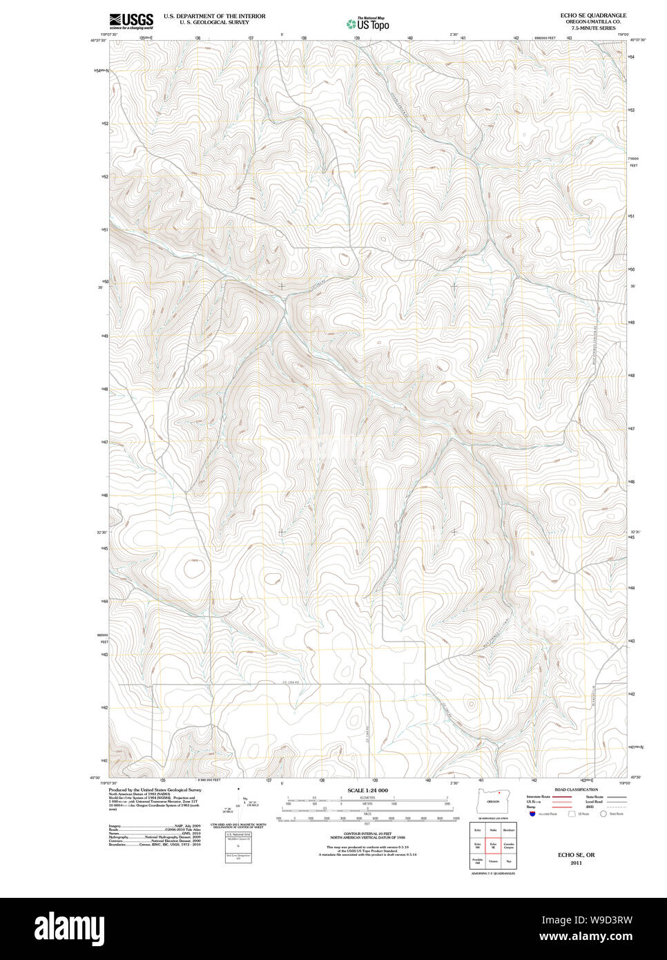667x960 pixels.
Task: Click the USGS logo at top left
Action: click(131, 21)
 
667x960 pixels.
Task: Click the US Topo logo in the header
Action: click(367, 24)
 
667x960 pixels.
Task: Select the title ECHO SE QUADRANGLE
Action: click(593, 15)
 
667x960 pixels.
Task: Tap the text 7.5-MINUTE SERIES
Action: click(593, 28)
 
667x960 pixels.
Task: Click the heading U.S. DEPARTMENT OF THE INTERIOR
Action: click(214, 16)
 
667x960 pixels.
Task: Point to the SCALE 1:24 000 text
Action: click(367, 790)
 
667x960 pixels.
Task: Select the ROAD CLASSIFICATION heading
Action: click(576, 789)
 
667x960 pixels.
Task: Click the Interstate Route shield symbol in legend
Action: click(532, 814)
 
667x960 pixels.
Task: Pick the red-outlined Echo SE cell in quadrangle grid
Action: click(493, 845)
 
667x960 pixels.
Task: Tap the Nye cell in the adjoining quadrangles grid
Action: click(509, 862)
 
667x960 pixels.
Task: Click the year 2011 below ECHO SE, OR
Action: click(576, 863)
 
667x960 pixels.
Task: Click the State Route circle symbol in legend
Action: click(603, 814)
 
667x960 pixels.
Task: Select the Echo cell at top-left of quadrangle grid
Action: click(477, 829)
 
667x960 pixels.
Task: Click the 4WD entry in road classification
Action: click(589, 807)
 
